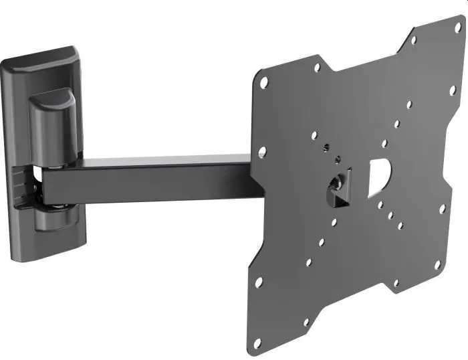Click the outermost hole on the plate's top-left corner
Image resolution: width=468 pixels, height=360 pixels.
[x=265, y=83]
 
